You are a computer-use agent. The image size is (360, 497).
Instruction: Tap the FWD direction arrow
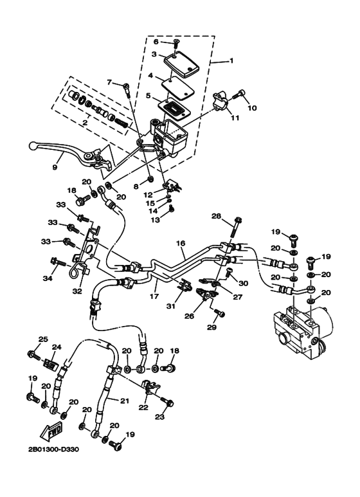(x=52, y=430)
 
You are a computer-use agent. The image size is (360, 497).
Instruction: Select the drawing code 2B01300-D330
(x=53, y=449)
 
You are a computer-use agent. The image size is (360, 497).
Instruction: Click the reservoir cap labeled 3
(x=181, y=64)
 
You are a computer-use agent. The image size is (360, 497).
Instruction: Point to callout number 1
(x=231, y=60)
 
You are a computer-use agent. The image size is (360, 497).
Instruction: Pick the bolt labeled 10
(x=239, y=94)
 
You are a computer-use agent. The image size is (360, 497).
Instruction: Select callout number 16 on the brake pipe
(x=180, y=244)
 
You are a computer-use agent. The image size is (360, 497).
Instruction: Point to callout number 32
(x=77, y=291)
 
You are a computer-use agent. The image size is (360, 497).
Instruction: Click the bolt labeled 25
(x=35, y=355)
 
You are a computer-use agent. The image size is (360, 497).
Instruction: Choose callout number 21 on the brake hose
(x=125, y=401)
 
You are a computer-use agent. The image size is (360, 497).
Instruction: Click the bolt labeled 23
(x=168, y=402)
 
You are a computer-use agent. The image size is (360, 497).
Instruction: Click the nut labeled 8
(x=151, y=180)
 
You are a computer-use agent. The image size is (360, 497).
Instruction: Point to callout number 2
(x=85, y=123)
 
